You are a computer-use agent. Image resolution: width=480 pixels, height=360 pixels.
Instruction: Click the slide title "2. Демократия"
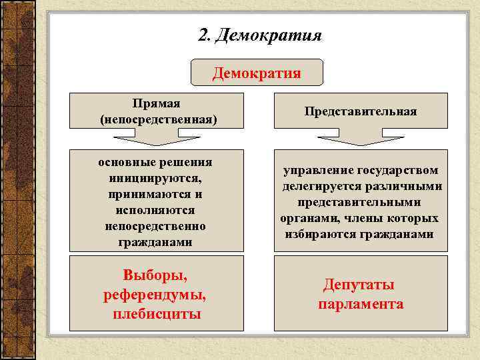point(260,35)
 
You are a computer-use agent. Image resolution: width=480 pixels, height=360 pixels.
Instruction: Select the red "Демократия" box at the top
point(257,73)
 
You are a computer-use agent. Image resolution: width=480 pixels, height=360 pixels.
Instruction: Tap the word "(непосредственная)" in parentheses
point(158,120)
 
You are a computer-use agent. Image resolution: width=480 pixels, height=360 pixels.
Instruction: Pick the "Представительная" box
point(361,111)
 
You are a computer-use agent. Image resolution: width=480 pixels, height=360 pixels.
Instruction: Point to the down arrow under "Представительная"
point(360,140)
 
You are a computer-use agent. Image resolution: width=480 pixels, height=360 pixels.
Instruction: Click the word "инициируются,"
point(155,179)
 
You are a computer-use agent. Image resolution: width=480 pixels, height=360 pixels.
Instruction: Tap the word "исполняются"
point(155,211)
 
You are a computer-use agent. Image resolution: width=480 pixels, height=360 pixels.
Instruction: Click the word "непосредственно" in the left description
point(155,227)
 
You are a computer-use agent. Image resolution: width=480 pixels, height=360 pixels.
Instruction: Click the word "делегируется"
point(323,187)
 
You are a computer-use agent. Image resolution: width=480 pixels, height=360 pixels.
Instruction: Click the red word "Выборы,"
point(155,275)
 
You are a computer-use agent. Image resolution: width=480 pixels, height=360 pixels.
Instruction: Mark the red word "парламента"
point(361,304)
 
